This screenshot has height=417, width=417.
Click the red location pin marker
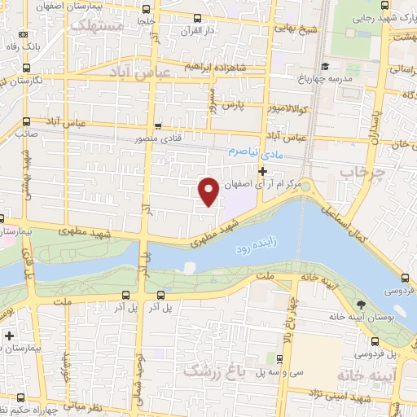[208, 191]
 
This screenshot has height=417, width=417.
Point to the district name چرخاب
[360, 173]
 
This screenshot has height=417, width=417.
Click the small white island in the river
[189, 266]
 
